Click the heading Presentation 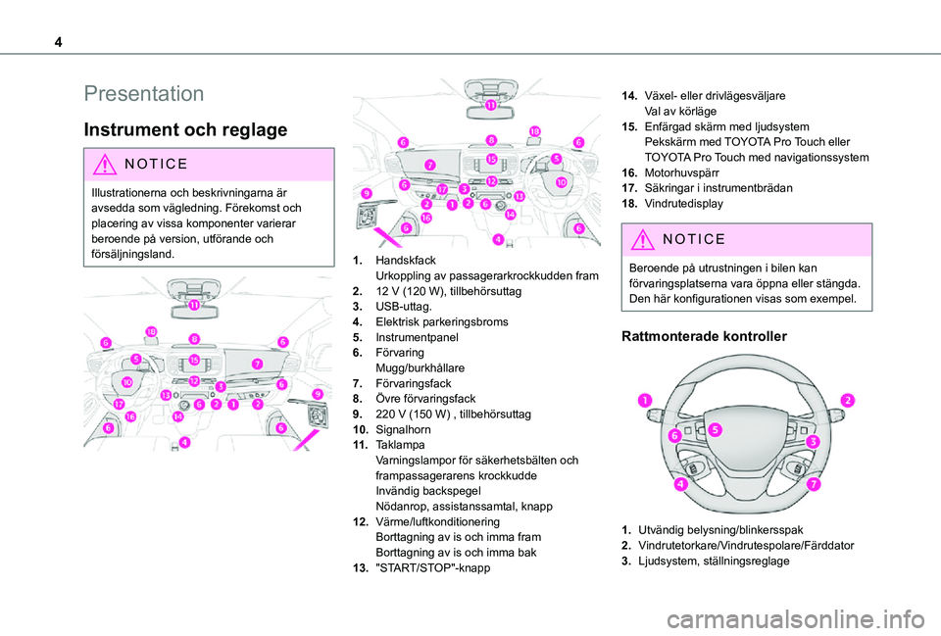click(x=143, y=94)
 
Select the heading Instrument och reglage click(x=185, y=129)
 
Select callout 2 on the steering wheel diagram click(x=846, y=400)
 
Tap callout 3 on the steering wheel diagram click(x=813, y=443)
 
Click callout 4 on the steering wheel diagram click(x=678, y=483)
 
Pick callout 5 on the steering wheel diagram click(x=716, y=429)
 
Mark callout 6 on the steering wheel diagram click(x=675, y=435)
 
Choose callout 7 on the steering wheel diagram click(x=813, y=485)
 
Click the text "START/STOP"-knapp click(x=427, y=568)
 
